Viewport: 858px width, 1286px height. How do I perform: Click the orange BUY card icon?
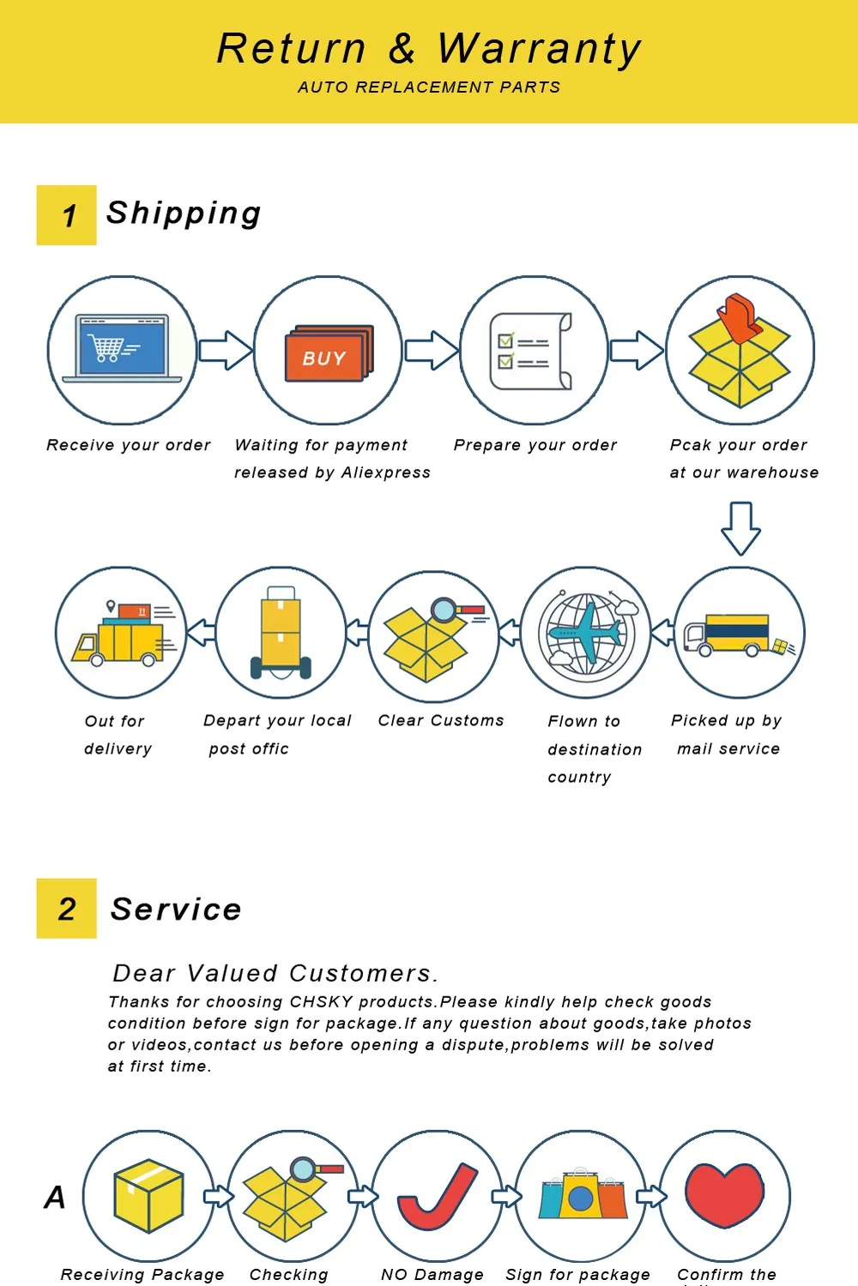(329, 353)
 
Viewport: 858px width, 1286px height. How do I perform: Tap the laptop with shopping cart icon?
(122, 348)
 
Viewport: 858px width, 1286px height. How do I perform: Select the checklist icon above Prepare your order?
(530, 352)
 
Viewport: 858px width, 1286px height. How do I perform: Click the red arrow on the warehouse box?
(741, 317)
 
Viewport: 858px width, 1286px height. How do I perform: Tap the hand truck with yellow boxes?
(281, 633)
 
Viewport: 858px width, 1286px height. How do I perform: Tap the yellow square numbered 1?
(67, 215)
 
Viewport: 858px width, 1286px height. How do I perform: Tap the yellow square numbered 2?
(67, 908)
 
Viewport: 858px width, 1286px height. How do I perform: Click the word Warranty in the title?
(539, 50)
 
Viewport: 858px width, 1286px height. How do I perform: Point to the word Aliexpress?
(385, 472)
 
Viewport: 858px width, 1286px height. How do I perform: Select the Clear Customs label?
(441, 720)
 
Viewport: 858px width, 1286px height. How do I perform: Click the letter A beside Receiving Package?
(55, 1197)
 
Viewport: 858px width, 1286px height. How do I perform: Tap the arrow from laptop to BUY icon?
(226, 350)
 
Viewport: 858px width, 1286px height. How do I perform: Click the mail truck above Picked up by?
(740, 635)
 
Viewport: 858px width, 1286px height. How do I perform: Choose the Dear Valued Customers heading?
(275, 973)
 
